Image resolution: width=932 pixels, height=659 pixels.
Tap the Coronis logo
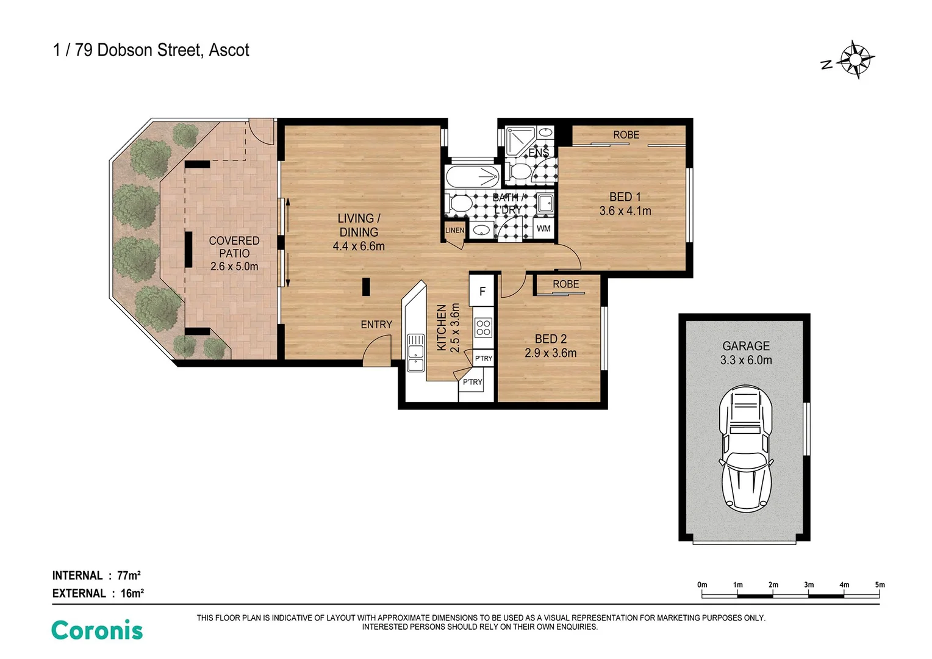[97, 630]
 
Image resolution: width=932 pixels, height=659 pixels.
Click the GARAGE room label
[745, 346]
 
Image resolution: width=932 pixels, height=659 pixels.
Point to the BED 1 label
[625, 197]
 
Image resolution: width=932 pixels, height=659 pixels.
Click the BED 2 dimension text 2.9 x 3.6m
[550, 353]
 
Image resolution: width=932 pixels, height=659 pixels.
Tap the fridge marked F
[482, 291]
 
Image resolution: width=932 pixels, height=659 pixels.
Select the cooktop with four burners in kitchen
[483, 328]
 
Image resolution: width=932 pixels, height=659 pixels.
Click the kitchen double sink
[415, 353]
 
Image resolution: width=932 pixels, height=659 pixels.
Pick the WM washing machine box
[543, 229]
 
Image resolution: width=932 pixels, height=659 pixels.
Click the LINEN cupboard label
[454, 230]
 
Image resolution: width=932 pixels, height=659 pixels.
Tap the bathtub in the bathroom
[473, 176]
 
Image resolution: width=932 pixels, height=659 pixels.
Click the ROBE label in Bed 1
[626, 135]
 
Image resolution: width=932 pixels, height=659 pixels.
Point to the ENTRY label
[376, 325]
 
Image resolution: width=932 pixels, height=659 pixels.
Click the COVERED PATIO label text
[234, 247]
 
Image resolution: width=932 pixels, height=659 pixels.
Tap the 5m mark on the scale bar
[879, 585]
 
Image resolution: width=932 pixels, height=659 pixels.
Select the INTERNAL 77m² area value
[129, 575]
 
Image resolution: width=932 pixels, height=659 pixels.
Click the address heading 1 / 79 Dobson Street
[151, 50]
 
